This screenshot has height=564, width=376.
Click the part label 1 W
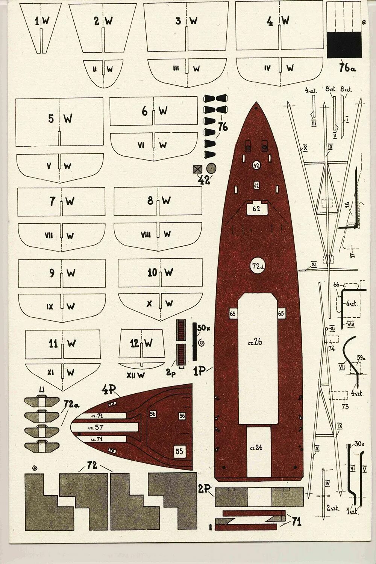pos(42,21)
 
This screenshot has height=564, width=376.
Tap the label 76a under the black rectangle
pos(347,68)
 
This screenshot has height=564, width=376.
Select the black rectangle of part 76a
pos(344,44)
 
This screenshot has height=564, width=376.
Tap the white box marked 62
pos(256,209)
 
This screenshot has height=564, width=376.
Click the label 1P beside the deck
pos(199,371)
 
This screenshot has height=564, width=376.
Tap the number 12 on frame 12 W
pos(135,343)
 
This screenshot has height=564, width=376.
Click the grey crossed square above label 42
pos(197,169)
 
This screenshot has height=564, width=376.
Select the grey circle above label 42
pos(211,168)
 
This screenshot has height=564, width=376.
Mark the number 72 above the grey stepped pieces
pos(92,465)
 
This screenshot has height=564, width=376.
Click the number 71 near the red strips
pos(296,522)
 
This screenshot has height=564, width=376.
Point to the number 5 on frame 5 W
pos(51,119)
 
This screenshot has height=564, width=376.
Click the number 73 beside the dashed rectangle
pos(345,406)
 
